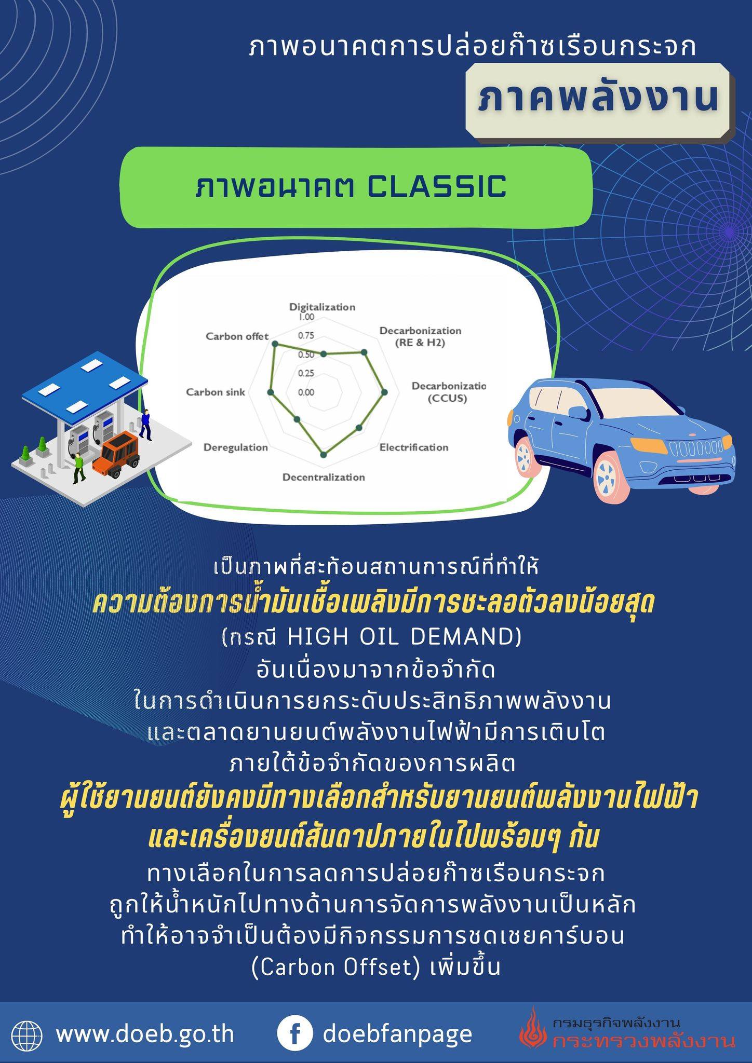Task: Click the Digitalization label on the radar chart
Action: click(322, 307)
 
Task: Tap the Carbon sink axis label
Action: click(216, 392)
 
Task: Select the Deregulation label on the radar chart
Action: click(236, 447)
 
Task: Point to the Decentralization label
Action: click(324, 477)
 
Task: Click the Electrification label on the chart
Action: click(414, 447)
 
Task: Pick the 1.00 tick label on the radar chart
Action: click(306, 317)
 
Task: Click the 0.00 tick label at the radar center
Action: click(306, 392)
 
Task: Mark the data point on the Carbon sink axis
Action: click(270, 393)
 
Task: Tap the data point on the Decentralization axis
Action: click(324, 455)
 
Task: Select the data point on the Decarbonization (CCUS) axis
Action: click(384, 393)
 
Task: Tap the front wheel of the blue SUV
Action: click(611, 475)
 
